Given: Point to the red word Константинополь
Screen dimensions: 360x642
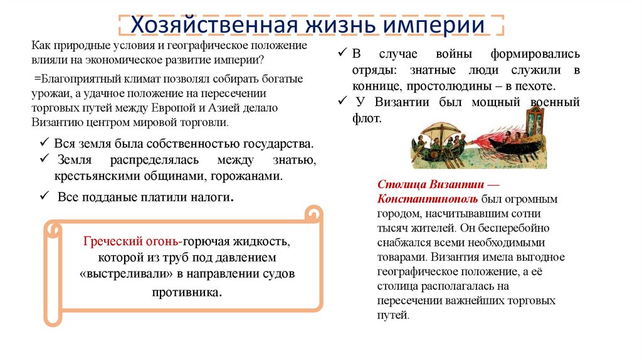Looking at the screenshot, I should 429,199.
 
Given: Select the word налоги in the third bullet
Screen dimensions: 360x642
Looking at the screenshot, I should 210,197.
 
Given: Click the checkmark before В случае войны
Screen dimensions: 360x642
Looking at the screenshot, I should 341,55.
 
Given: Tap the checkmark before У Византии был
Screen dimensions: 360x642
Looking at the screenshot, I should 341,101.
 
